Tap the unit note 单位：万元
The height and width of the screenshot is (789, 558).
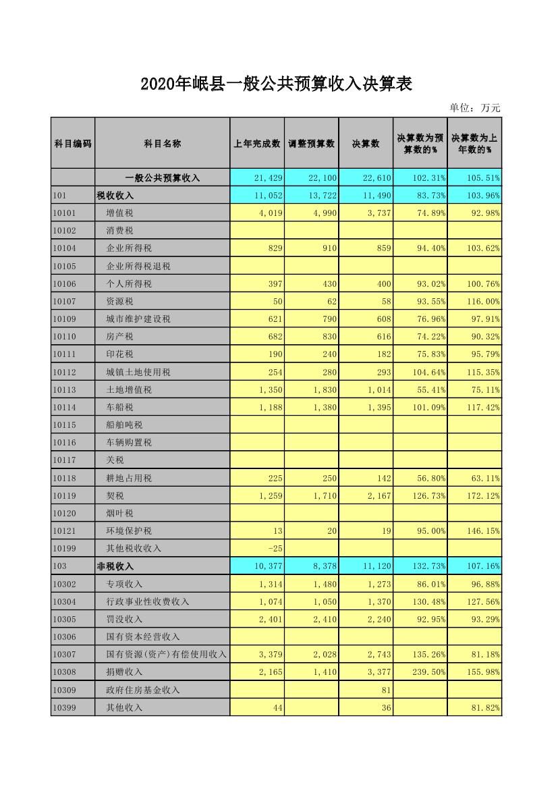click(475, 108)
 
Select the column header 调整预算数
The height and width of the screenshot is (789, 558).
click(312, 143)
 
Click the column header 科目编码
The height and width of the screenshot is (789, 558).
click(73, 143)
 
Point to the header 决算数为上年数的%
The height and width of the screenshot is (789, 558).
click(475, 143)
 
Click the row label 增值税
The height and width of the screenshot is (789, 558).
click(120, 213)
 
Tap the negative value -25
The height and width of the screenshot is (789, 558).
click(274, 549)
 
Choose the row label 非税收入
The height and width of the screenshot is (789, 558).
click(115, 566)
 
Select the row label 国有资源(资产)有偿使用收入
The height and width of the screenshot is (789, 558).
click(167, 655)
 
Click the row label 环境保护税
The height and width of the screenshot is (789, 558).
click(130, 531)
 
